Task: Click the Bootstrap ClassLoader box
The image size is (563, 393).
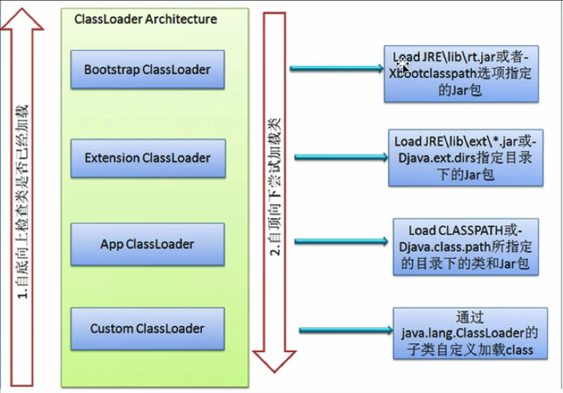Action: pyautogui.click(x=147, y=70)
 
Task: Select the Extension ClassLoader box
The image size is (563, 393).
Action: pyautogui.click(x=147, y=158)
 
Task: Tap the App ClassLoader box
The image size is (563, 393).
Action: pyautogui.click(x=147, y=244)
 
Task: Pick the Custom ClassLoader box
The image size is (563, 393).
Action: pyautogui.click(x=147, y=329)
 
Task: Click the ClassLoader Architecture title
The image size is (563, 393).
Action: pyautogui.click(x=146, y=19)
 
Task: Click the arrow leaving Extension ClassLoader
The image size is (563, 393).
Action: pyautogui.click(x=340, y=157)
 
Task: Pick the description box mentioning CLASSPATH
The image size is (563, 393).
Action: pyautogui.click(x=466, y=247)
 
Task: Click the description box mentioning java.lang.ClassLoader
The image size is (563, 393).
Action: pyautogui.click(x=470, y=333)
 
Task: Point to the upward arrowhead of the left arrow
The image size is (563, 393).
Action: pyautogui.click(x=22, y=20)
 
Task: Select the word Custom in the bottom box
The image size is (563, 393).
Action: pyautogui.click(x=112, y=329)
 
